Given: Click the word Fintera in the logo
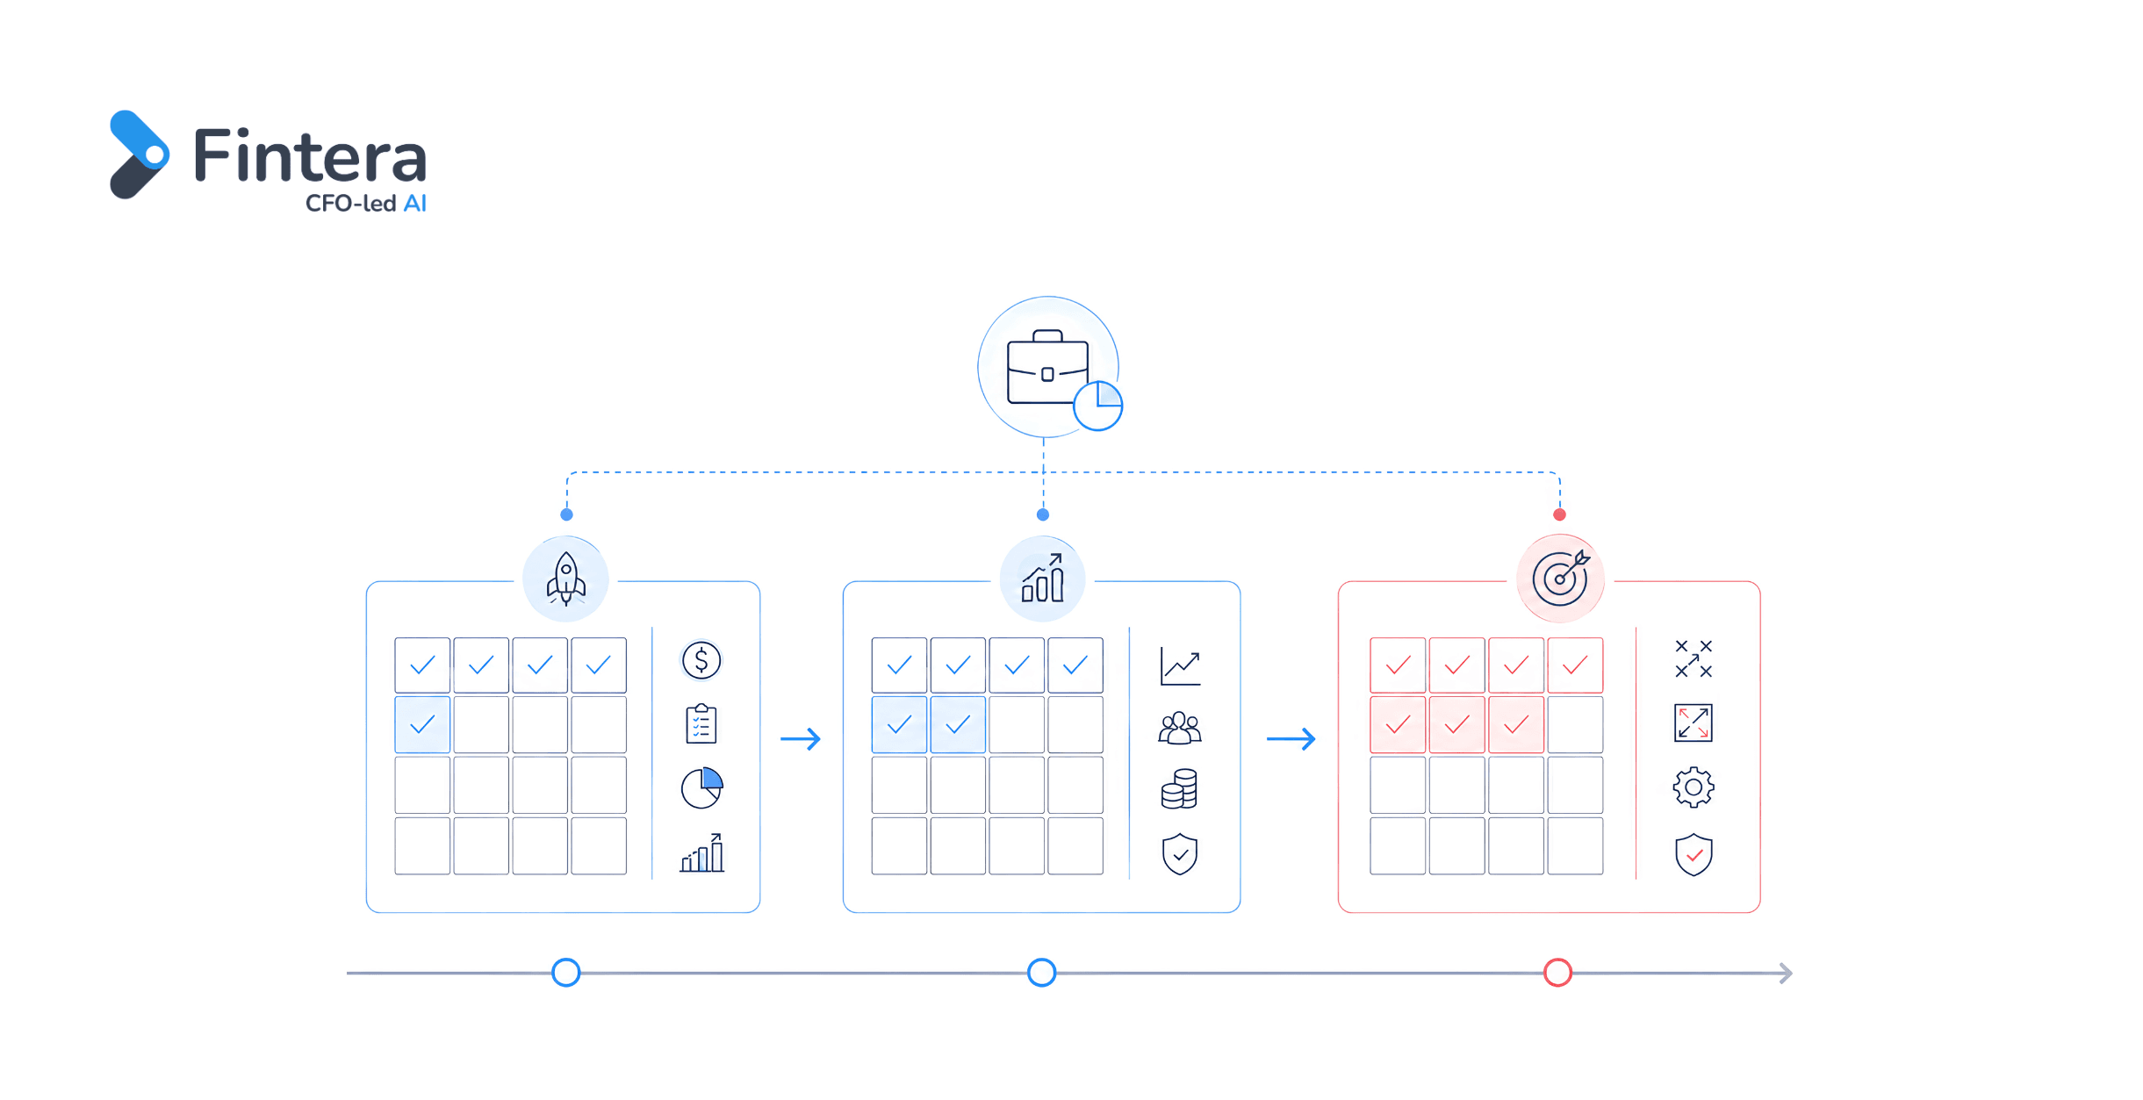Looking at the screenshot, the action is point(310,155).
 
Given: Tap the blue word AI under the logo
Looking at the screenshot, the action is point(414,204).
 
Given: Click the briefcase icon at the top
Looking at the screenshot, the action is point(1047,367).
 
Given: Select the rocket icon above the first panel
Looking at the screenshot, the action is point(566,579).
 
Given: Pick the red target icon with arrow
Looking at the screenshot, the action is point(1561,578).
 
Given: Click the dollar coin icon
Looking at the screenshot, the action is point(701,660).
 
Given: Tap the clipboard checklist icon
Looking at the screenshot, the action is point(701,723).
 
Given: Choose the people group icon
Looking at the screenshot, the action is point(1180,728).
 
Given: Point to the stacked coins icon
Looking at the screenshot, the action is point(1179,788).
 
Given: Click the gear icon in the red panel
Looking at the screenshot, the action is point(1694,787).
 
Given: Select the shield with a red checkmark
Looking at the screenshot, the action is point(1694,854).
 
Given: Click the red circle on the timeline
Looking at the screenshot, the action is point(1557,973).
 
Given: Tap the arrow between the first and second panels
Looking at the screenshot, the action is point(801,739).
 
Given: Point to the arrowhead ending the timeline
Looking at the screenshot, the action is point(1786,973).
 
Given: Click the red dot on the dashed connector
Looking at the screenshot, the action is point(1559,514).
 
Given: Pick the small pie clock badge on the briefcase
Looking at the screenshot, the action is point(1097,406).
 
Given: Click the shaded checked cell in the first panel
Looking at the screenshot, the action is point(422,724).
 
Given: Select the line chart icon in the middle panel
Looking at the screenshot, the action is point(1180,667).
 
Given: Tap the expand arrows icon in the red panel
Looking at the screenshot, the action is point(1694,723).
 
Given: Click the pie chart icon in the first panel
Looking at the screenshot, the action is point(701,787).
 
